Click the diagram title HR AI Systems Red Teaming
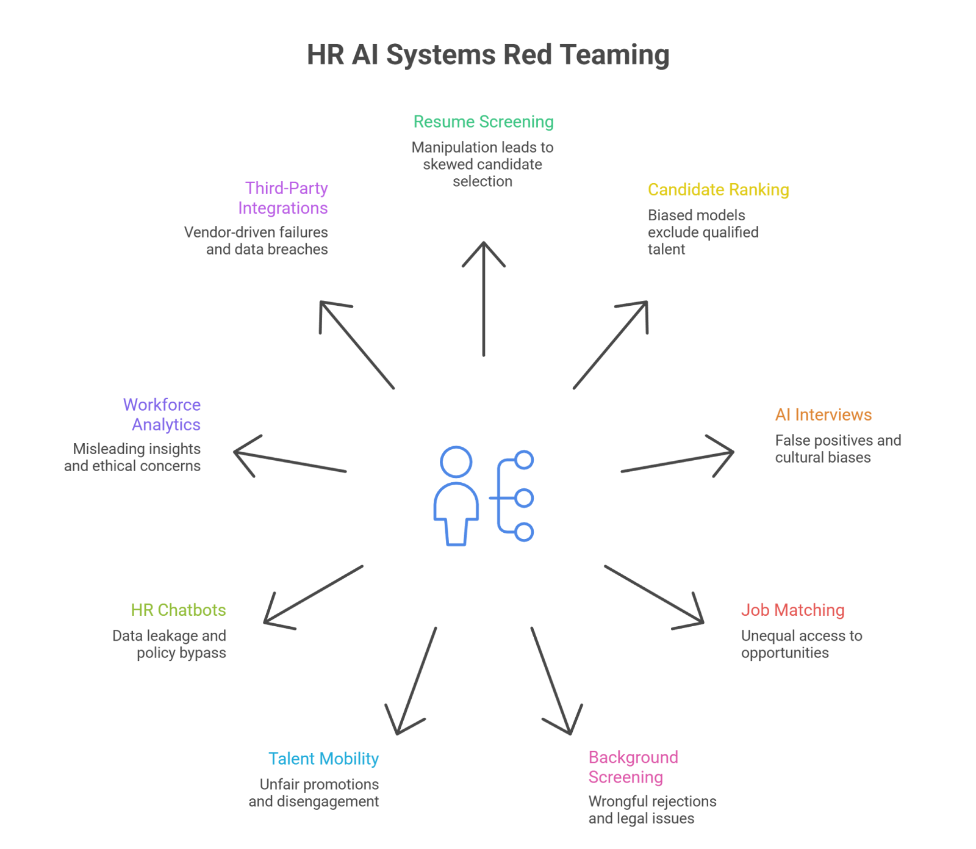488,55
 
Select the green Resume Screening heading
484,122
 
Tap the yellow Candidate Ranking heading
718,190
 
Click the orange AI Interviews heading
823,415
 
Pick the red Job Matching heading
792,610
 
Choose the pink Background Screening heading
633,767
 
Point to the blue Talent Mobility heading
323,759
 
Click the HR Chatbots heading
178,610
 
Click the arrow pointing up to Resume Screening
484,299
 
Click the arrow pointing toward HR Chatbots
314,594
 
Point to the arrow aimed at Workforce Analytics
290,462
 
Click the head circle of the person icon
456,462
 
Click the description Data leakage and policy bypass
170,645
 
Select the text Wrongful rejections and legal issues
651,810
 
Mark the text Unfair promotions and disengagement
314,793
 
